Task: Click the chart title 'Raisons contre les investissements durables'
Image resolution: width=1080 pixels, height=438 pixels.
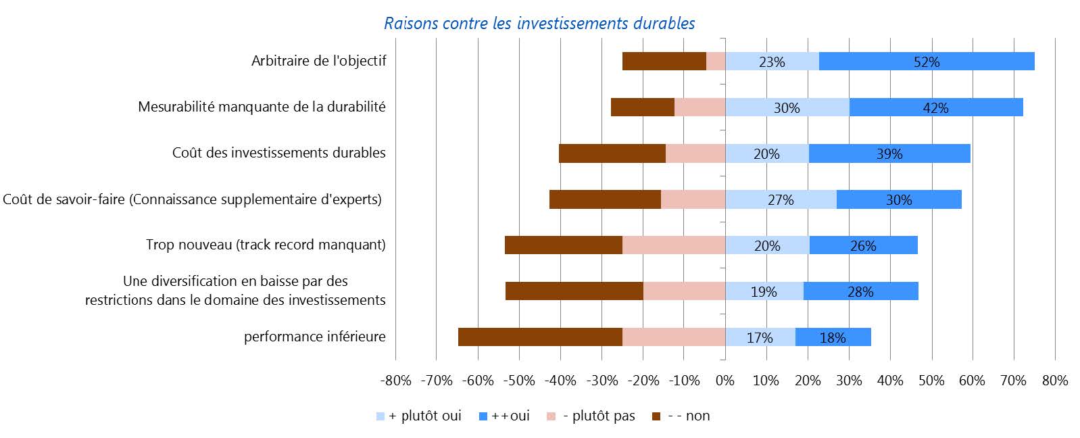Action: [x=539, y=24]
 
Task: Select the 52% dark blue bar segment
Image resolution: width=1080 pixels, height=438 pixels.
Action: [x=926, y=62]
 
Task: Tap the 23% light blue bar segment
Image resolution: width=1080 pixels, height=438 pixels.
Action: [x=772, y=62]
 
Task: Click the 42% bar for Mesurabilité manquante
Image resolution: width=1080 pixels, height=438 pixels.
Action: [x=935, y=107]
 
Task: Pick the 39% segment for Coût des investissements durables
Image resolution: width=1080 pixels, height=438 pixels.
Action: [x=889, y=153]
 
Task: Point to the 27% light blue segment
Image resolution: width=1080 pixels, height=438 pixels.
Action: [x=781, y=199]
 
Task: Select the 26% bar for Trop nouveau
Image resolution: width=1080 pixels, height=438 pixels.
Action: [x=863, y=245]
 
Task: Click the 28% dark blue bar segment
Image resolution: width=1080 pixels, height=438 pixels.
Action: [x=860, y=291]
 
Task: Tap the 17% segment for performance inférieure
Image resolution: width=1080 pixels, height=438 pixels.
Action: [x=760, y=337]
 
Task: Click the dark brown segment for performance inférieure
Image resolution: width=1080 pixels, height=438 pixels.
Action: [x=540, y=337]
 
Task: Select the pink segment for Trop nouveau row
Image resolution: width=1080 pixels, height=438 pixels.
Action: [x=673, y=245]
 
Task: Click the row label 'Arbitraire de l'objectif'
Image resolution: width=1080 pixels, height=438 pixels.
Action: [x=318, y=61]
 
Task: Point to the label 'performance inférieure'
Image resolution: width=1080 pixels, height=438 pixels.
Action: [x=314, y=337]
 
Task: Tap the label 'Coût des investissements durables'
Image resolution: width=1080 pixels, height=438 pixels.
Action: [x=278, y=153]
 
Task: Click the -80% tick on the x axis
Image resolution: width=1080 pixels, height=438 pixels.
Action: [x=396, y=381]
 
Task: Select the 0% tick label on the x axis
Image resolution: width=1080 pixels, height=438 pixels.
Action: [x=725, y=381]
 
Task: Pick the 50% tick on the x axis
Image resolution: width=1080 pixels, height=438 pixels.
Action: [x=931, y=381]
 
